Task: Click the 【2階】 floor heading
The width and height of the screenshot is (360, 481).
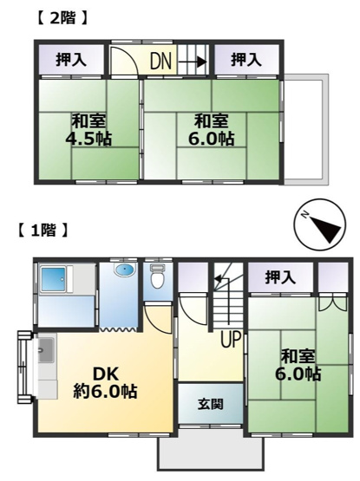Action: coord(63,16)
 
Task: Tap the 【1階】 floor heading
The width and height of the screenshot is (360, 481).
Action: coord(43,231)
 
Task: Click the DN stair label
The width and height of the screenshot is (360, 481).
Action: coord(161,61)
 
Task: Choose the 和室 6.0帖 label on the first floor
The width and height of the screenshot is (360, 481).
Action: coord(298,365)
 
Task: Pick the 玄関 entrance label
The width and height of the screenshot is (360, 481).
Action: coord(209,403)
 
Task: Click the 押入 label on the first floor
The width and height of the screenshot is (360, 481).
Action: coord(279,277)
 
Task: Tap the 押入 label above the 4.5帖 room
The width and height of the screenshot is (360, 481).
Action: coord(71,60)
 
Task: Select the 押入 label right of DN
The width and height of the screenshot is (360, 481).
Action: coord(246,60)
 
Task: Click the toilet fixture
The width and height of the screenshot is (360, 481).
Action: coord(157,278)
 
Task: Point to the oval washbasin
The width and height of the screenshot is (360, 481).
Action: coord(124,270)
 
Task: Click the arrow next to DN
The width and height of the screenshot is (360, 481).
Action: coord(196,61)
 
